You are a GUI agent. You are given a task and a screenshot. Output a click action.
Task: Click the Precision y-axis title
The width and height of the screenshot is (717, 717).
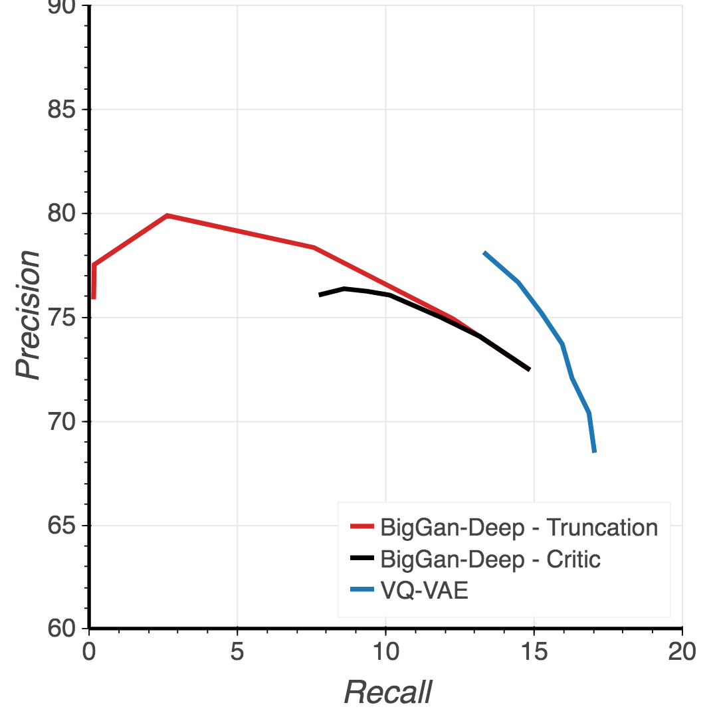click(29, 315)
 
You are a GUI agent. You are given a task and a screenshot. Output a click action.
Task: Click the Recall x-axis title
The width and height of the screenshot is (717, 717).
click(388, 692)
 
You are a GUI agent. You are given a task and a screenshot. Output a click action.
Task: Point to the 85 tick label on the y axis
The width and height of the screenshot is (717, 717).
click(61, 110)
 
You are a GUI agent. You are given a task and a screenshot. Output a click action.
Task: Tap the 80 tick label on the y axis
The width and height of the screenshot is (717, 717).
click(61, 213)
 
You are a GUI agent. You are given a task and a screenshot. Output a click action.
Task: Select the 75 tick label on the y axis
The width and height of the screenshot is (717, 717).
click(61, 318)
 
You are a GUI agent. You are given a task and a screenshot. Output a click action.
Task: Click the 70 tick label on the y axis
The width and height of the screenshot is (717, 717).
click(61, 421)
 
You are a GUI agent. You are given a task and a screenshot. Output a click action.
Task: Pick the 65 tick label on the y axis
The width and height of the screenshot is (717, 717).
click(61, 526)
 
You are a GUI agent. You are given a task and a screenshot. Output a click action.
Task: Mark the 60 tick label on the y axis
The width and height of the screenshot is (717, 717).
click(61, 629)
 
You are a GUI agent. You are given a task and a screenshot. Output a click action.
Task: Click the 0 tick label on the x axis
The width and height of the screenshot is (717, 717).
click(89, 652)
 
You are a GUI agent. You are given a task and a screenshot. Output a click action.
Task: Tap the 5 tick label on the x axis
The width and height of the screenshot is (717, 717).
click(237, 652)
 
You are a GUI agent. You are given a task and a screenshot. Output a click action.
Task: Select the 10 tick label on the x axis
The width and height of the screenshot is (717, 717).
click(385, 652)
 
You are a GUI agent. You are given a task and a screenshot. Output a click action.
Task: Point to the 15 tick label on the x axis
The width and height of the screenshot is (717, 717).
click(534, 652)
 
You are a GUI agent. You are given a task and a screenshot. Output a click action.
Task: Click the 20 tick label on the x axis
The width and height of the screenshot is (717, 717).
click(682, 652)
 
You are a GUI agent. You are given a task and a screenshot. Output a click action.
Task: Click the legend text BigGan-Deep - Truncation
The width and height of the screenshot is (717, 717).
click(519, 528)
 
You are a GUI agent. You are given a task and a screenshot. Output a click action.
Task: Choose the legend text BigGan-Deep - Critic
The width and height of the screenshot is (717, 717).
click(490, 560)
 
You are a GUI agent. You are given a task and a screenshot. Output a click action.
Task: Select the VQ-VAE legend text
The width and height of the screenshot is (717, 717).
click(425, 591)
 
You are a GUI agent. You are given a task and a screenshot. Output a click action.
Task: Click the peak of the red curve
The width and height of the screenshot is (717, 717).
click(167, 215)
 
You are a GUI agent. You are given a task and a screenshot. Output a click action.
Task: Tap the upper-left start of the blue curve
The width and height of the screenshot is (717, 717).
click(484, 253)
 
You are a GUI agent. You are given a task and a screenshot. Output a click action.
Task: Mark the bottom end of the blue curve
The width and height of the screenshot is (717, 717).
click(595, 452)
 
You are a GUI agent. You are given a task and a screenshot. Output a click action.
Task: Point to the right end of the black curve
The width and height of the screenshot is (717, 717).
click(529, 369)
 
